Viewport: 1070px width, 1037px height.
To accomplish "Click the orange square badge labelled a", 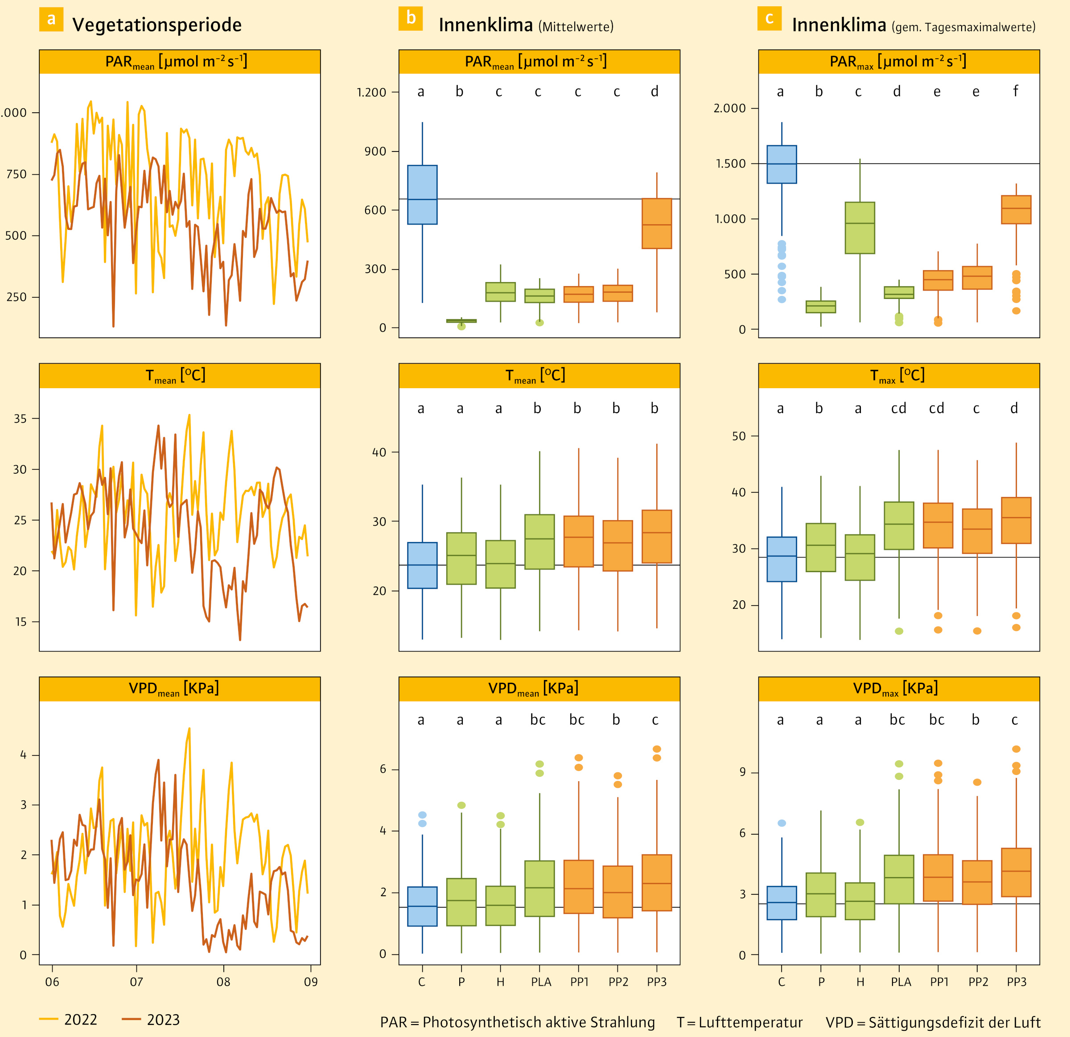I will (51, 19).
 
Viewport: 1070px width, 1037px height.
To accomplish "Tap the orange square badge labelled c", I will (769, 18).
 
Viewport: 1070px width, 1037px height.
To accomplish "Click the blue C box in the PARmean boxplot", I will (422, 195).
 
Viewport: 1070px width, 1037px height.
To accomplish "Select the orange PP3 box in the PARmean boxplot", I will (657, 223).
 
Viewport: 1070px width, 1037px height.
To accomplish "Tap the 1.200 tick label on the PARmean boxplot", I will (371, 92).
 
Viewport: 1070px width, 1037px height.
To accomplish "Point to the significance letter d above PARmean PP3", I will (654, 91).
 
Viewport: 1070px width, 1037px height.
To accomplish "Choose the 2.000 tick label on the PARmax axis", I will (729, 108).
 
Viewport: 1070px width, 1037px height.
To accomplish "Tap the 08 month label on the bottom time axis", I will (223, 982).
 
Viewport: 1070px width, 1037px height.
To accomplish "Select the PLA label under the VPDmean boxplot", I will (541, 982).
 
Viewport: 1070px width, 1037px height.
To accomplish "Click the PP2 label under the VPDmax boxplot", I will (978, 982).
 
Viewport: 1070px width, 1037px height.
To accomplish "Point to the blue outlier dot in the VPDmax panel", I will (782, 823).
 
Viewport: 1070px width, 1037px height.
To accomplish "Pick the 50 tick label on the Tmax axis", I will (739, 436).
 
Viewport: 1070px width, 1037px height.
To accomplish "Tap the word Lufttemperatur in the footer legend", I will (751, 1022).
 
